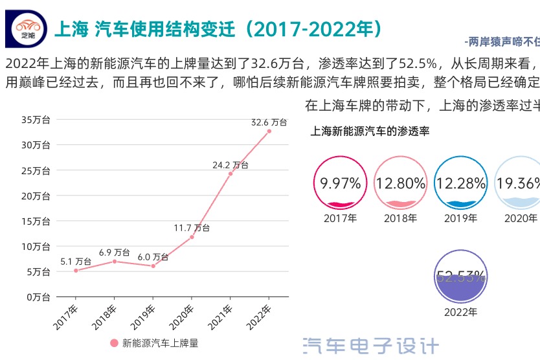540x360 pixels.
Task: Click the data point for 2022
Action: coord(269,131)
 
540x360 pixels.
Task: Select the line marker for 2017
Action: coord(76,271)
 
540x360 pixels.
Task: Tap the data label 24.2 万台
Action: coord(230,165)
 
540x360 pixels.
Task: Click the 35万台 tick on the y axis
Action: coord(36,120)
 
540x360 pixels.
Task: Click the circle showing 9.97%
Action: coord(341,183)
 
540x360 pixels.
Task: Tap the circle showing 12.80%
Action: coord(401,183)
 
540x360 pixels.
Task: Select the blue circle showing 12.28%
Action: coord(460,183)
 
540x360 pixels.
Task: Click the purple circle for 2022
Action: coord(460,277)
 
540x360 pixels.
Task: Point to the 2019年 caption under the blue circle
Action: coord(460,218)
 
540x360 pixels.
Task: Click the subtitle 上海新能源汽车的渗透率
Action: coord(370,131)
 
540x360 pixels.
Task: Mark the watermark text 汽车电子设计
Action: coord(371,346)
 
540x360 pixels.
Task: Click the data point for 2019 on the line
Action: coord(153,266)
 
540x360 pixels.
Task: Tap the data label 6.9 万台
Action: coord(115,252)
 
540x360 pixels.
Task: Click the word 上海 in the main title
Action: coord(71,29)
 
